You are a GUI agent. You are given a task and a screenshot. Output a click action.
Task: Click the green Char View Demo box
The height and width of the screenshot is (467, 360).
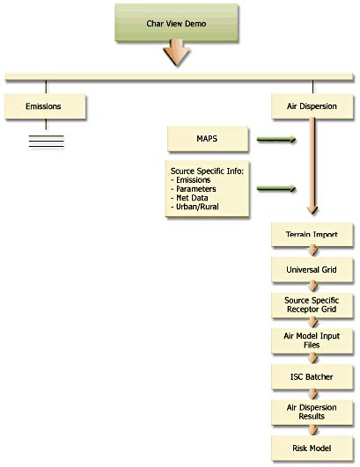point(176,23)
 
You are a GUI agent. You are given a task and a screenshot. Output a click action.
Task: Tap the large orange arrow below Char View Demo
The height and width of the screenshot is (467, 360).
point(177,53)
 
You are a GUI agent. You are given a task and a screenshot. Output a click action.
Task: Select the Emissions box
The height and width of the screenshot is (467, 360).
point(45,106)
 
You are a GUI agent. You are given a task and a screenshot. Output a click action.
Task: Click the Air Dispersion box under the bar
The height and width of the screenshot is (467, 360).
point(312,106)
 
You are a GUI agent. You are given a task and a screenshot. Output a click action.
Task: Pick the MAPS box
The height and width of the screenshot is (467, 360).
point(208,139)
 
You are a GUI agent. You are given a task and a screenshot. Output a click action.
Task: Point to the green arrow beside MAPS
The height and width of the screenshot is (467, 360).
point(276,139)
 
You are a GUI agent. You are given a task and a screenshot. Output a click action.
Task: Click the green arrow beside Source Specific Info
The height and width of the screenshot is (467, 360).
point(276,188)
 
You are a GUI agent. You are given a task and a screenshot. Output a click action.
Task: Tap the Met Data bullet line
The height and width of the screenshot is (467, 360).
point(189,198)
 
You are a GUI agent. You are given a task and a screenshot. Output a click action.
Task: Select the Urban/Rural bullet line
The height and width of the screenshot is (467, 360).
point(195,207)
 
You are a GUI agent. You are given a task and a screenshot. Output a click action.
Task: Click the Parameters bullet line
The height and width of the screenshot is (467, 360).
point(194,189)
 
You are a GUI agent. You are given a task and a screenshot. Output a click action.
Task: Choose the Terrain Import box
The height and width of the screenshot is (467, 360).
point(312,235)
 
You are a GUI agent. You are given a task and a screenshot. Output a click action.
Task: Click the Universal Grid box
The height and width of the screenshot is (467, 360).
point(312,270)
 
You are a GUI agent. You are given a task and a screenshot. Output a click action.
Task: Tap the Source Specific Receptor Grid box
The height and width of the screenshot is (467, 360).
point(312,305)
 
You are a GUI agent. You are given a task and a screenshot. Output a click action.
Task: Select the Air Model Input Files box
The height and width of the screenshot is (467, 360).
point(312,340)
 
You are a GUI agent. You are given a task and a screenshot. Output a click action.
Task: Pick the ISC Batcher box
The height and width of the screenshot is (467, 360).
point(312,376)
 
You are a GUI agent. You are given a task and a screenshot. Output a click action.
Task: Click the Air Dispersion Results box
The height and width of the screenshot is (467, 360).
point(312,412)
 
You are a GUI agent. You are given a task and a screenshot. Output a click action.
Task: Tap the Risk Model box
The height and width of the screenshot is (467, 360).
point(312,449)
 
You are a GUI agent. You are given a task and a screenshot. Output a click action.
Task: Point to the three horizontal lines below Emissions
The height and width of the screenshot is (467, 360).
point(47,142)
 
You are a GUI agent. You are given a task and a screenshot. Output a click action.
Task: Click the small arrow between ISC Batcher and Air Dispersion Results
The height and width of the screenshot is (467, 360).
point(313,394)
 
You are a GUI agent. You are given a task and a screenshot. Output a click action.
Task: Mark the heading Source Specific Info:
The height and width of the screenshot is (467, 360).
point(207,171)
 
